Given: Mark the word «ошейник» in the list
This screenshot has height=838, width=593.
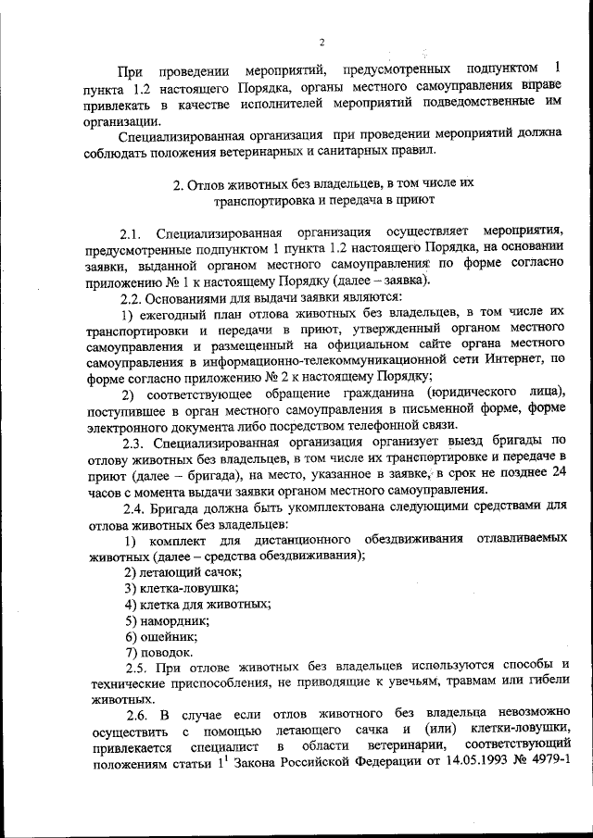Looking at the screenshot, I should [x=170, y=637].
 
